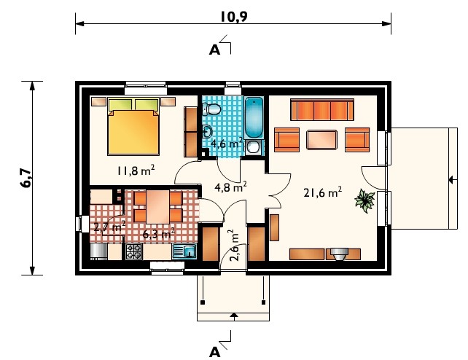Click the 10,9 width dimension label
click(234, 17)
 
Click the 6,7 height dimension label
click(26, 178)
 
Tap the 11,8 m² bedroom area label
click(136, 171)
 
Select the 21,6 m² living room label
click(323, 192)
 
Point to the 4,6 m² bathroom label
click(227, 144)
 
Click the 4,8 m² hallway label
click(230, 187)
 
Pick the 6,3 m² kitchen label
click(158, 233)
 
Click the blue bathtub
click(254, 117)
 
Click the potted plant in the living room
click(364, 200)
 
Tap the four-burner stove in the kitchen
click(133, 251)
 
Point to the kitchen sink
click(184, 251)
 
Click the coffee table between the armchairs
click(322, 139)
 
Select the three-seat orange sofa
click(322, 110)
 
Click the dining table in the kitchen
click(157, 207)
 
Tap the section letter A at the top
click(214, 50)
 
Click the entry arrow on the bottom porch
click(234, 316)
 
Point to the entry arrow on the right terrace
click(453, 180)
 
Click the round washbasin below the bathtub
click(254, 147)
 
